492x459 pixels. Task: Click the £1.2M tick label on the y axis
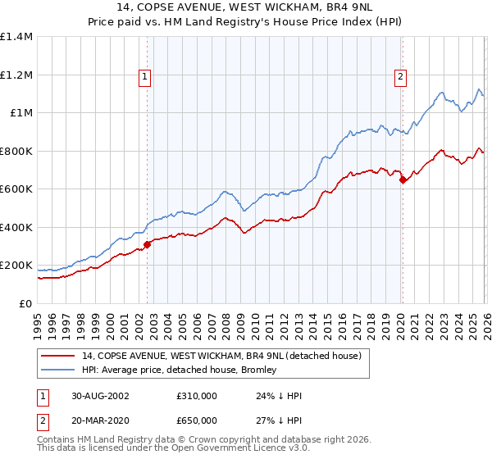(16, 75)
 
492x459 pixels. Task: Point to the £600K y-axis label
(16, 189)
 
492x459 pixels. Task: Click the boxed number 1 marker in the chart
(144, 77)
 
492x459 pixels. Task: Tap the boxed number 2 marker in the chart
(400, 77)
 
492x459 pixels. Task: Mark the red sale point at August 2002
(148, 244)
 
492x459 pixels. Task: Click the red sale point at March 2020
(402, 180)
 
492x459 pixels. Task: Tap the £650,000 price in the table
(197, 420)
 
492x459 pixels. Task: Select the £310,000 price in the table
(197, 395)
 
